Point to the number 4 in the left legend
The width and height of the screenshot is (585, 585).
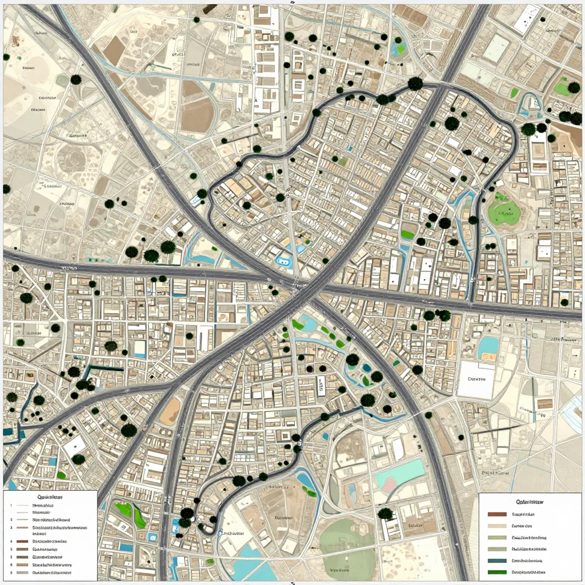(x=11, y=540)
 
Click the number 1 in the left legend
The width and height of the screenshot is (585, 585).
(x=11, y=506)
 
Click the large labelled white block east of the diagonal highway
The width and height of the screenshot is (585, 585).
(x=476, y=380)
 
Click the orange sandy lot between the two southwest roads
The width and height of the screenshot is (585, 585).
(x=170, y=411)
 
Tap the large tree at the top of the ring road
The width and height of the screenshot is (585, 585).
(x=415, y=84)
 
